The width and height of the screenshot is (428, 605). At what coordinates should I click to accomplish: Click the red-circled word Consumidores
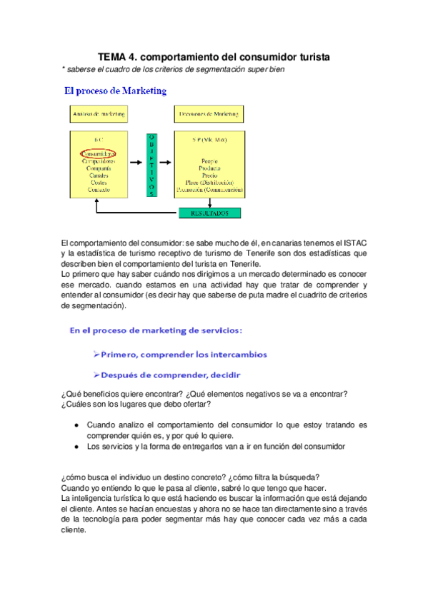point(99,153)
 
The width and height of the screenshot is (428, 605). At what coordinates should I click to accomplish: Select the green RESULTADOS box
point(209,213)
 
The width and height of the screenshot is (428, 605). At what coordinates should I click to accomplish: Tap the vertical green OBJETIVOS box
point(151,164)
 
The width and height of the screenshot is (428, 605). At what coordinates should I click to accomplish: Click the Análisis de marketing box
point(99,113)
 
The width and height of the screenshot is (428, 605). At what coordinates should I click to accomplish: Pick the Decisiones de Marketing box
point(209,113)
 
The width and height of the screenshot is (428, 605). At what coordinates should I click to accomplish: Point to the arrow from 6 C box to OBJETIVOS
point(136,163)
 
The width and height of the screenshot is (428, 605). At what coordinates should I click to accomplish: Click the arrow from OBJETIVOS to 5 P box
point(166,163)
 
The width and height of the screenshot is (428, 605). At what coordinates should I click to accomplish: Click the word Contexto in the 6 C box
point(99,190)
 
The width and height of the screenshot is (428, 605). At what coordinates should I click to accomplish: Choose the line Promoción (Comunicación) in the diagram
point(209,190)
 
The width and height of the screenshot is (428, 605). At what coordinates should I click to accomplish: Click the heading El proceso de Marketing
point(116,91)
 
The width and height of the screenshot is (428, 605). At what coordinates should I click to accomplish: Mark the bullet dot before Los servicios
point(76,447)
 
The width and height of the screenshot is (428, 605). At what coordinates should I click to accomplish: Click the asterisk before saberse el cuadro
point(64,70)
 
